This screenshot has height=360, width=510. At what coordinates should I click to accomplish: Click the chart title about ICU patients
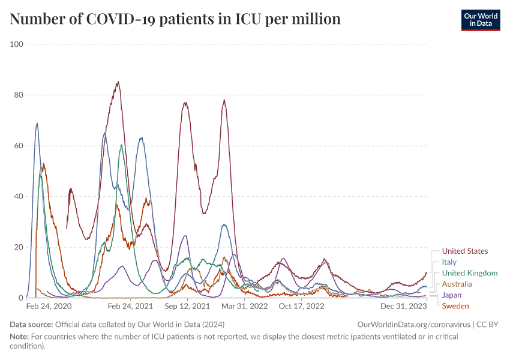point(175,19)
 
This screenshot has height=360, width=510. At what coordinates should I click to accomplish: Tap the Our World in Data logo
point(480,19)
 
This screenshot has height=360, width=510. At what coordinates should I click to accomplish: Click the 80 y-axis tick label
point(18,95)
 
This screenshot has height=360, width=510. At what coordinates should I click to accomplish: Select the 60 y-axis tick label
point(18,146)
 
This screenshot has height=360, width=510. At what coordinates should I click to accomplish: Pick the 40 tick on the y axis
point(18,196)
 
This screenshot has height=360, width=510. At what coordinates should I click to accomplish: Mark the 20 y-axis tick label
point(18,247)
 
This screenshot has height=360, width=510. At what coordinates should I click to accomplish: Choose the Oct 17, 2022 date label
point(301,307)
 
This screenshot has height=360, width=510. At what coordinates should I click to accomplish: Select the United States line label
point(465,251)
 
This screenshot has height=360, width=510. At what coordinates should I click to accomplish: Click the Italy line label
point(449,262)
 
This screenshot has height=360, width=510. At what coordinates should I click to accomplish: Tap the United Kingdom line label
point(470,273)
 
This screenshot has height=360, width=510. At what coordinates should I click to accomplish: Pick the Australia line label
point(457,284)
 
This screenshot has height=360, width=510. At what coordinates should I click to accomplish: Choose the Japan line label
point(452,295)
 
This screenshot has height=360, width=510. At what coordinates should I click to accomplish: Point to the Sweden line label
point(455,306)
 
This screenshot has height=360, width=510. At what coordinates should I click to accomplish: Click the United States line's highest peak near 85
point(118,82)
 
